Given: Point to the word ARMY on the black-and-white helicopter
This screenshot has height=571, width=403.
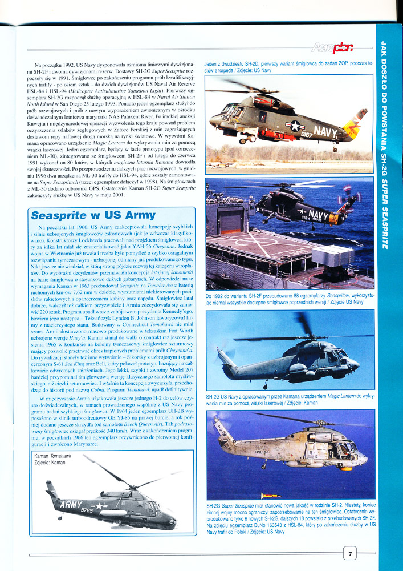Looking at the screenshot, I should pyautogui.click(x=71, y=504).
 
